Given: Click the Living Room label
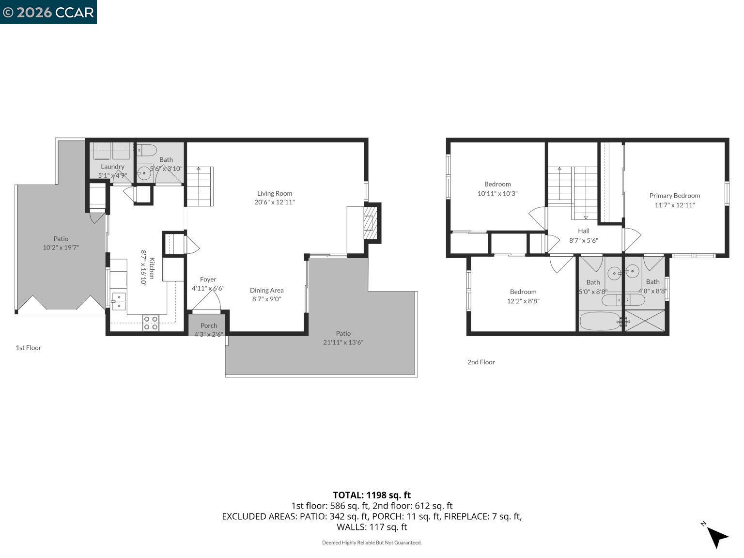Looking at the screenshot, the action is pyautogui.click(x=274, y=193).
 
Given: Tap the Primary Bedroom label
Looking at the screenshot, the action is pyautogui.click(x=675, y=196).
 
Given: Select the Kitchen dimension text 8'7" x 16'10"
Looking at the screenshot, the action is pyautogui.click(x=143, y=268).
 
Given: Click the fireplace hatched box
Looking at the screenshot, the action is pyautogui.click(x=370, y=223).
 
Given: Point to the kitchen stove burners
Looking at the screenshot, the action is pyautogui.click(x=151, y=323).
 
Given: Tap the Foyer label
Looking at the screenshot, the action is pyautogui.click(x=208, y=279).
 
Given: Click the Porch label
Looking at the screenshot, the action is pyautogui.click(x=208, y=325).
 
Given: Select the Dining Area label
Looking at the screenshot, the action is pyautogui.click(x=266, y=290).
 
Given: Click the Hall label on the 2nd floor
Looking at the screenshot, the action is pyautogui.click(x=583, y=231).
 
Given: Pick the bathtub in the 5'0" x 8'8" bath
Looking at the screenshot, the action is pyautogui.click(x=600, y=321).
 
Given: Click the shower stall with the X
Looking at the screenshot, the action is pyautogui.click(x=644, y=321).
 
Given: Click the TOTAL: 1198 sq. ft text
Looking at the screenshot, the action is pyautogui.click(x=372, y=495).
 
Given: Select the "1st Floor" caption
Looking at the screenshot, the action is pyautogui.click(x=29, y=348).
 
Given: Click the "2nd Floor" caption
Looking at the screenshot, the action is pyautogui.click(x=481, y=362).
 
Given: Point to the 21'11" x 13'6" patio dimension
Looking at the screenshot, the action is pyautogui.click(x=343, y=342).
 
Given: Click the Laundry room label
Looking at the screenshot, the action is pyautogui.click(x=112, y=167).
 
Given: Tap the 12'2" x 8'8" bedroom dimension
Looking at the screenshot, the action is pyautogui.click(x=523, y=301).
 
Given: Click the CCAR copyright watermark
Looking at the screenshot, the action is pyautogui.click(x=48, y=12).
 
